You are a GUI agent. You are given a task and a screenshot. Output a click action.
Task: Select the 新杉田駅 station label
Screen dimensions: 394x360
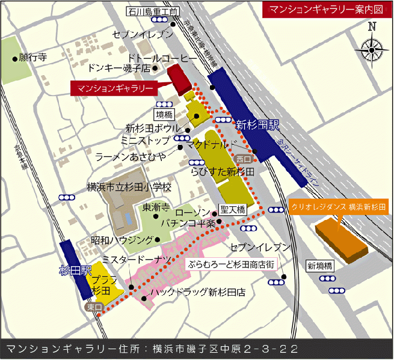[x=257, y=126]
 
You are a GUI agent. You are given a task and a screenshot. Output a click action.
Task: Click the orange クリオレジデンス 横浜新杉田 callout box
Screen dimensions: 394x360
[x=339, y=206]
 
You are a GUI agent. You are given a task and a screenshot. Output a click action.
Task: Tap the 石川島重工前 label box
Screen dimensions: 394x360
[x=153, y=11]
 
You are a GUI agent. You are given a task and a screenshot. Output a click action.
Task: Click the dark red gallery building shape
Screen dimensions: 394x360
[x=178, y=80]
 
